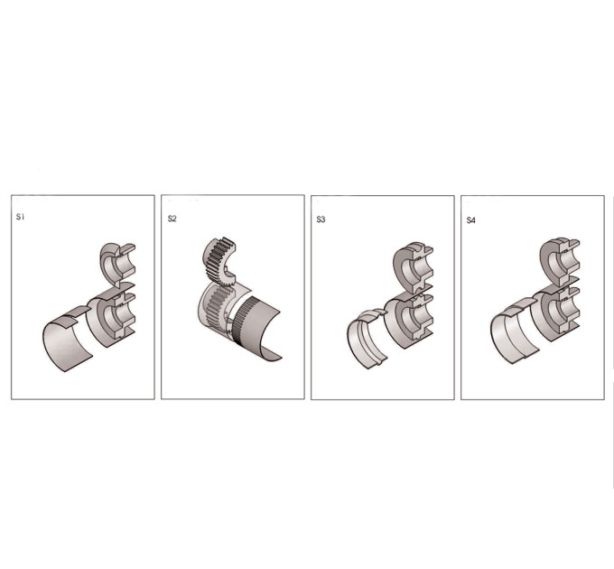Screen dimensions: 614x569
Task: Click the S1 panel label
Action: (x=21, y=217)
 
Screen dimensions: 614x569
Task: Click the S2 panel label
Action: (x=172, y=219)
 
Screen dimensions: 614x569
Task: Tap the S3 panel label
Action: (x=321, y=219)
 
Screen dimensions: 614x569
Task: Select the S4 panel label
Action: (x=470, y=220)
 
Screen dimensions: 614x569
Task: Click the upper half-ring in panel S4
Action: (x=552, y=260)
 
